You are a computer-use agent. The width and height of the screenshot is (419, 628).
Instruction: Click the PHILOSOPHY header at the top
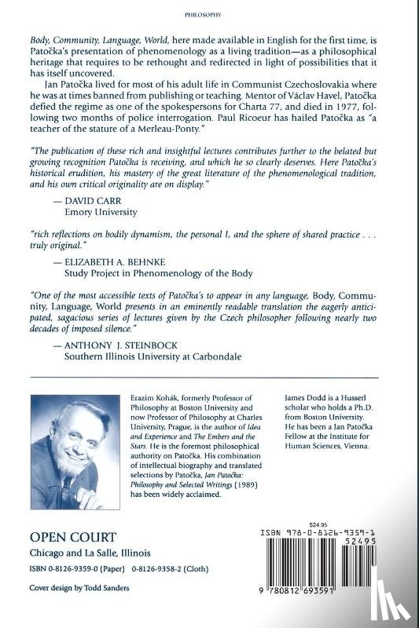click(x=209, y=13)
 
